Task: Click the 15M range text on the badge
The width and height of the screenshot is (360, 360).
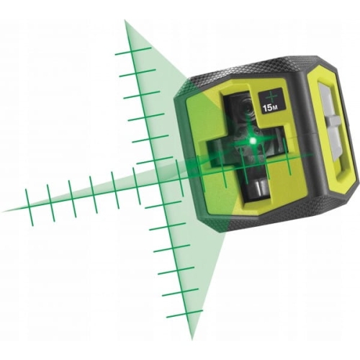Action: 270,108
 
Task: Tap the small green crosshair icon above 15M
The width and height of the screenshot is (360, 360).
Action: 271,96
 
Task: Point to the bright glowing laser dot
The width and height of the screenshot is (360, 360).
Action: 252,141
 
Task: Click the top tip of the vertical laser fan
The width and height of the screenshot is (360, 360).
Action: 125,21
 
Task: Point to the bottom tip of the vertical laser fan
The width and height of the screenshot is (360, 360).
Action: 192,339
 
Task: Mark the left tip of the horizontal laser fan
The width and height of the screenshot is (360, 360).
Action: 3,212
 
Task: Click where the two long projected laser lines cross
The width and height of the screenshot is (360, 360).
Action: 158,184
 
